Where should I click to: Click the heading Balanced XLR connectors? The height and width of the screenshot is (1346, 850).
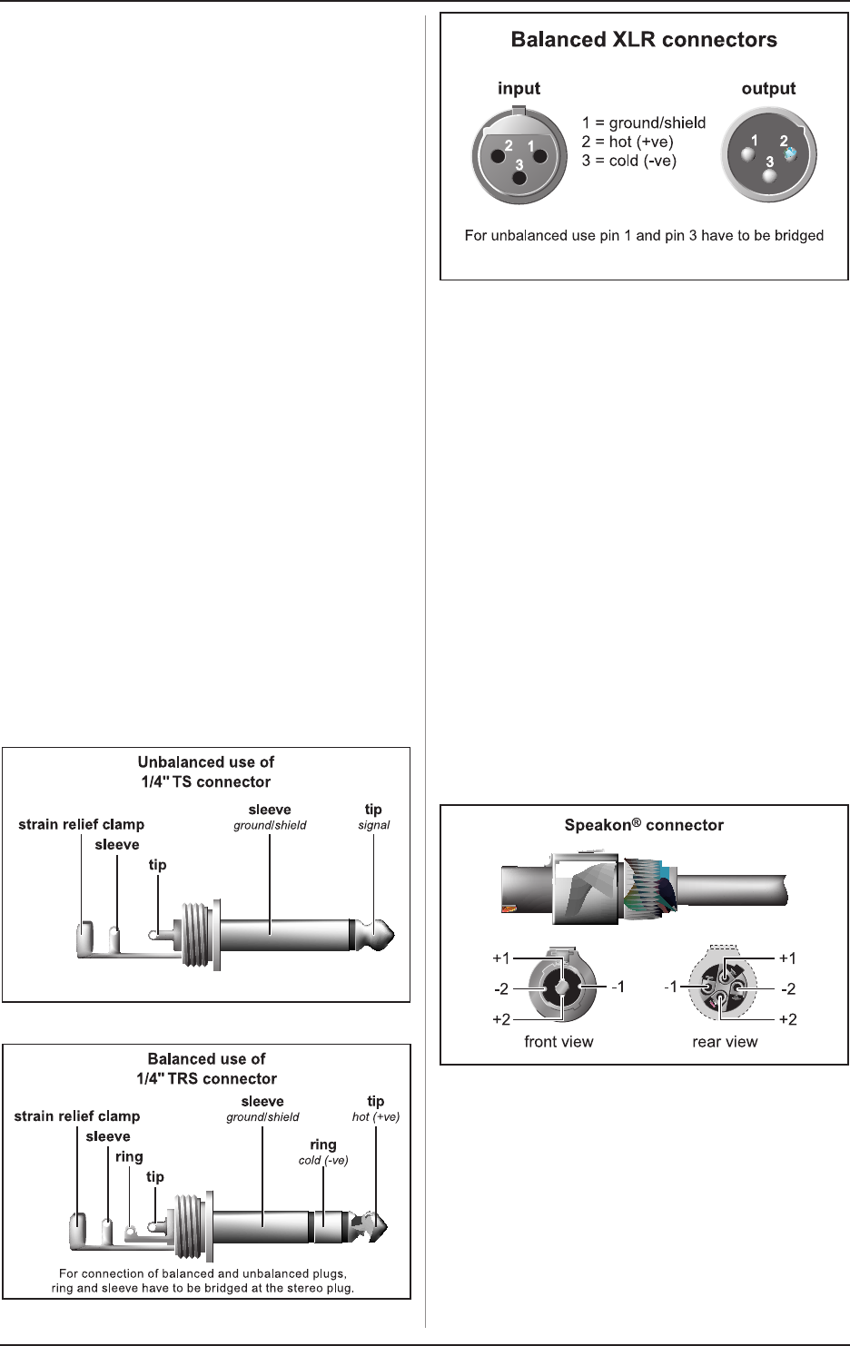644,40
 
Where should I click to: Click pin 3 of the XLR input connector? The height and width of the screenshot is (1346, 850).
519,176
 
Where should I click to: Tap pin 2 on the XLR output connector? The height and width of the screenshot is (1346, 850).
789,153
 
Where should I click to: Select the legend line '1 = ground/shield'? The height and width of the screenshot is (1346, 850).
644,123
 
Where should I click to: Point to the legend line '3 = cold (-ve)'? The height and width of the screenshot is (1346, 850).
629,161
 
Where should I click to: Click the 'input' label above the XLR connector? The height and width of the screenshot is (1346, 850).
519,88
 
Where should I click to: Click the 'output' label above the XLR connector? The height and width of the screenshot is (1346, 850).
768,88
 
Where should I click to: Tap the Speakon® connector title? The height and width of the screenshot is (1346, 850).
644,825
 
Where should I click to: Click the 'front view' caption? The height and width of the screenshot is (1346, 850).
558,1042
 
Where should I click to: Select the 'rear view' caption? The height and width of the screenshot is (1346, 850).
725,1042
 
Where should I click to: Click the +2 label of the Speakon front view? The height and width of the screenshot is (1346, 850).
501,1019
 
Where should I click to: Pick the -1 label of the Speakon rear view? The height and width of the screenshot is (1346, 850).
671,987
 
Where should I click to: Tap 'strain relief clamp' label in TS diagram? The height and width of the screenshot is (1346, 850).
82,824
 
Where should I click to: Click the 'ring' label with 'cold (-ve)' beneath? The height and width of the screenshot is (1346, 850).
323,1145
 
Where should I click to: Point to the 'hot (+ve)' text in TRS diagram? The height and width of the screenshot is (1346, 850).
376,1117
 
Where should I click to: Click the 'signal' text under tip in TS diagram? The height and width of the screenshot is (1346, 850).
374,825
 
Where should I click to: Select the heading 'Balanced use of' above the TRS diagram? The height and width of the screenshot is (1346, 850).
206,1058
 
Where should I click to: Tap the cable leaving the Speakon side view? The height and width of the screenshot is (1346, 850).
730,889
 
